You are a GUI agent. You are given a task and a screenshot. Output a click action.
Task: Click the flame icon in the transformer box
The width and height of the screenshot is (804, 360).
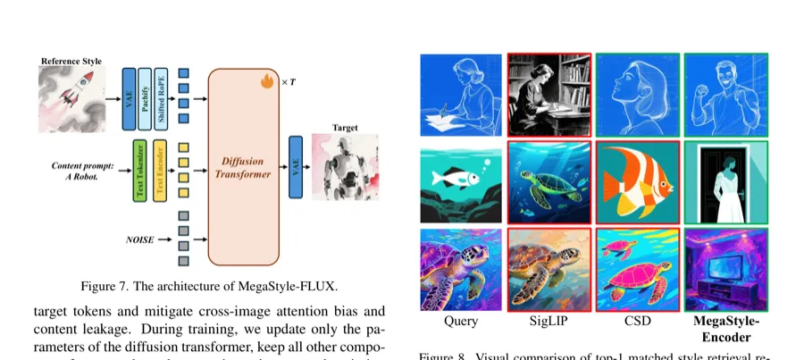pos(267,81)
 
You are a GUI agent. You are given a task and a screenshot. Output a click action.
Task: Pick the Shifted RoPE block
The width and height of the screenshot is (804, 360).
pos(160,97)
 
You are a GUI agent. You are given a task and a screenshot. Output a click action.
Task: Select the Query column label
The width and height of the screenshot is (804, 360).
pos(461,321)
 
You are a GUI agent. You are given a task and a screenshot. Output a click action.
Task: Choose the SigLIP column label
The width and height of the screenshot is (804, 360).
pos(549,321)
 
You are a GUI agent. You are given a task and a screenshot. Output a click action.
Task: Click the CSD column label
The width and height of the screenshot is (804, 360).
pos(635,321)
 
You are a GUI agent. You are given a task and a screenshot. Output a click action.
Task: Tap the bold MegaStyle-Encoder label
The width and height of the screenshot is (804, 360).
pos(724,329)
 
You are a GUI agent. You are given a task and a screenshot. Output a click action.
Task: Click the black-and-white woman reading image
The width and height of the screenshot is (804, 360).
pos(549,96)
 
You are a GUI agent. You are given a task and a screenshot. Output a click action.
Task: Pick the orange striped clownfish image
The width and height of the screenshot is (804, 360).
pos(635,183)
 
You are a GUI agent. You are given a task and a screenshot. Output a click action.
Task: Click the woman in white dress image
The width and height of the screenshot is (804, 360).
pos(724,183)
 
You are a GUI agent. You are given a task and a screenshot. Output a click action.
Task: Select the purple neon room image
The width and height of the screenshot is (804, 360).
pos(724,268)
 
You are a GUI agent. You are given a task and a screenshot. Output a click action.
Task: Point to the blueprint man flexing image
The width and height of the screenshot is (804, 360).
pos(724,96)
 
